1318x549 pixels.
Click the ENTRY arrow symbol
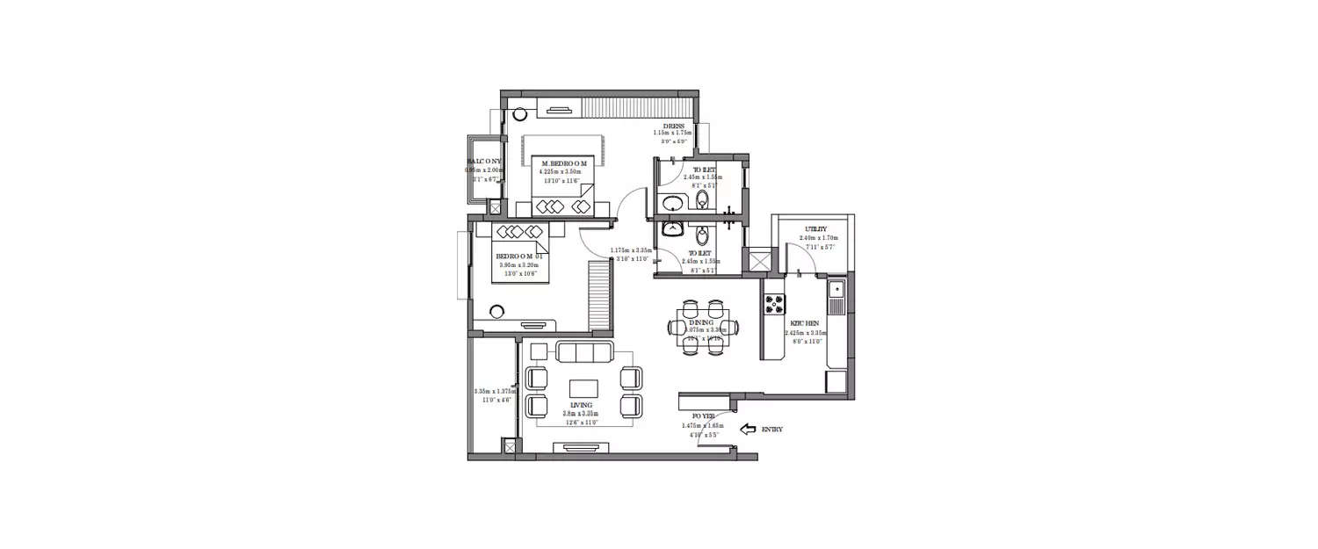pyautogui.click(x=749, y=430)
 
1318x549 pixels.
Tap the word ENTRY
pyautogui.click(x=771, y=430)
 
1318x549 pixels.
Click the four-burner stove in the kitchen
pyautogui.click(x=774, y=305)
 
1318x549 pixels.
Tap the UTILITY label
pyautogui.click(x=815, y=229)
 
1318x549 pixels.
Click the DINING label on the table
pyautogui.click(x=701, y=323)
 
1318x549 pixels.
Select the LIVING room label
pyautogui.click(x=580, y=405)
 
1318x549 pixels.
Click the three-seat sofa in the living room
pyautogui.click(x=583, y=352)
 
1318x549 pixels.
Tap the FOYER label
pyautogui.click(x=703, y=416)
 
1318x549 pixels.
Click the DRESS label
pyautogui.click(x=675, y=126)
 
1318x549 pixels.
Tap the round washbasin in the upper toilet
pyautogui.click(x=672, y=204)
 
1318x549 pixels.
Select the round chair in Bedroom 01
pyautogui.click(x=497, y=311)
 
